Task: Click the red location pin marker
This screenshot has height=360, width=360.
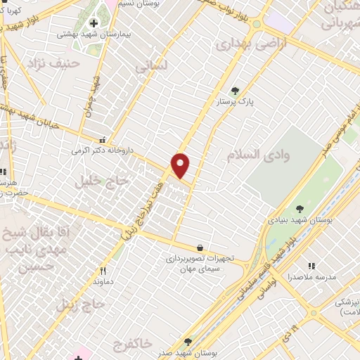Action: (181, 165)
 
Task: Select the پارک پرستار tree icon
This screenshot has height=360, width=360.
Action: (235, 91)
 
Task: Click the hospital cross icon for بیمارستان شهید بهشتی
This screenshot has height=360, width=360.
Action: (94, 22)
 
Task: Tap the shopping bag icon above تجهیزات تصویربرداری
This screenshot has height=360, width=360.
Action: (200, 247)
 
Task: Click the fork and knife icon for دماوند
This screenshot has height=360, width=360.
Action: (103, 271)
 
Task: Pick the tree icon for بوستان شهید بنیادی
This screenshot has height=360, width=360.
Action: (300, 208)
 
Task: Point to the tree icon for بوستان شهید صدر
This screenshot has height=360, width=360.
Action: (187, 341)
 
